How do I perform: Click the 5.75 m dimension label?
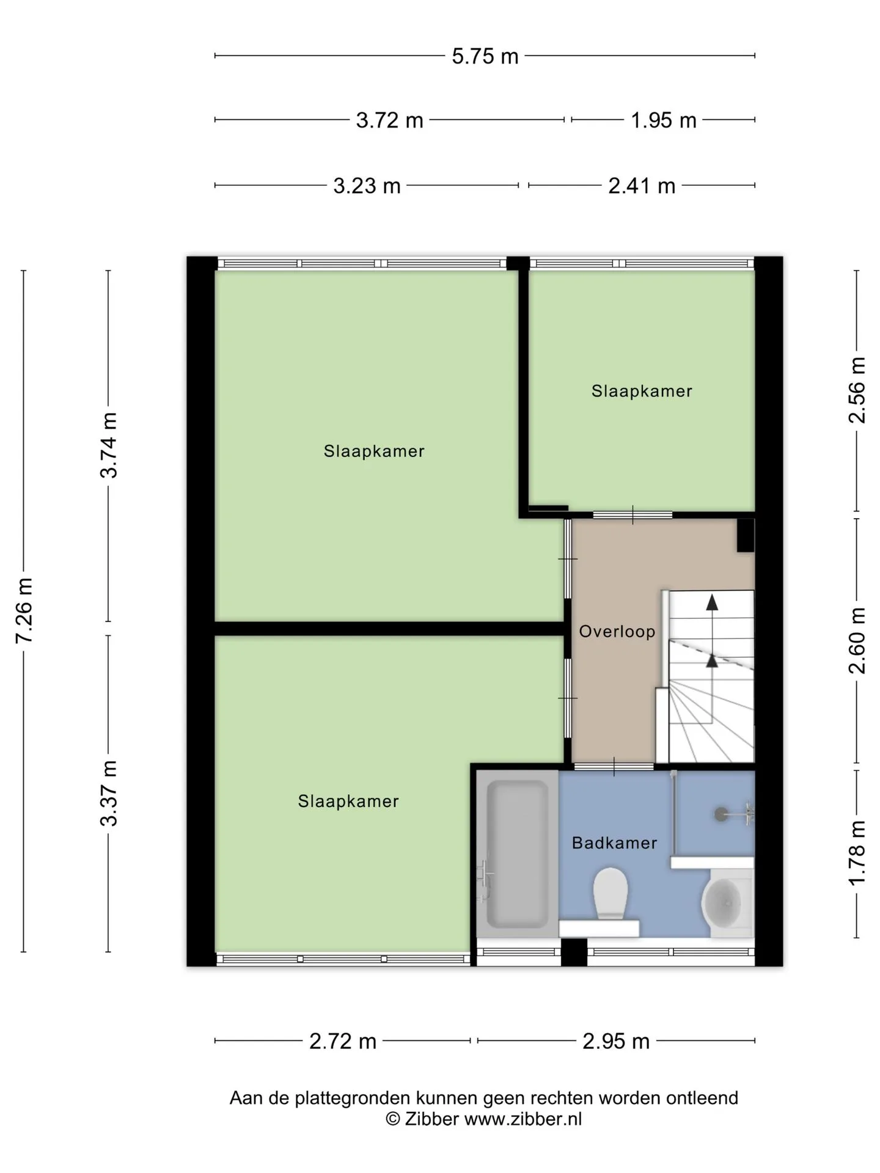point(485,56)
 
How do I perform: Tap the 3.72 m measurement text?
point(389,120)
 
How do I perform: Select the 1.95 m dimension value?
point(663,120)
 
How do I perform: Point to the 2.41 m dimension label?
point(642,186)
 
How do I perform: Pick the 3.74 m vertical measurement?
point(109,445)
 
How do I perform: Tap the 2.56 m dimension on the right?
point(857,390)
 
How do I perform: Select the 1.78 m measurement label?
point(857,852)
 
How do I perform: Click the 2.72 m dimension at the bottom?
point(343,1041)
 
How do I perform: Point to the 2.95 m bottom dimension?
point(616,1041)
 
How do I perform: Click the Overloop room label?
point(617,631)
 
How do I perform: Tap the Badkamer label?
point(614,843)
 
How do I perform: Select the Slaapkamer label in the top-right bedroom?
point(642,391)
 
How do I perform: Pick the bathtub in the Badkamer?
point(517,854)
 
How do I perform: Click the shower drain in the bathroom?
point(722,814)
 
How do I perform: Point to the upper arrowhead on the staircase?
point(712,602)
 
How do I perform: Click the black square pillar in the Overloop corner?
point(746,536)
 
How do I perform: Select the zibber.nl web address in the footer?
point(523,1119)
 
